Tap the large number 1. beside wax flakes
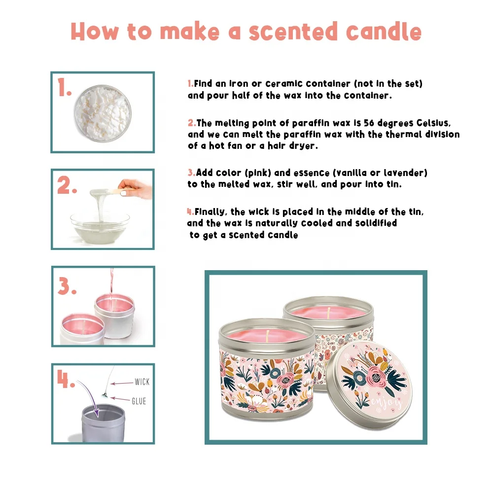[x=65, y=88]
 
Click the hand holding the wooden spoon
[x=136, y=189]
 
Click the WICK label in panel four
[x=141, y=382]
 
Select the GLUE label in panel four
[x=139, y=401]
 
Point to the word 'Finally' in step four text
[x=211, y=212]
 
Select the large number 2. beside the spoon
[x=67, y=186]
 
